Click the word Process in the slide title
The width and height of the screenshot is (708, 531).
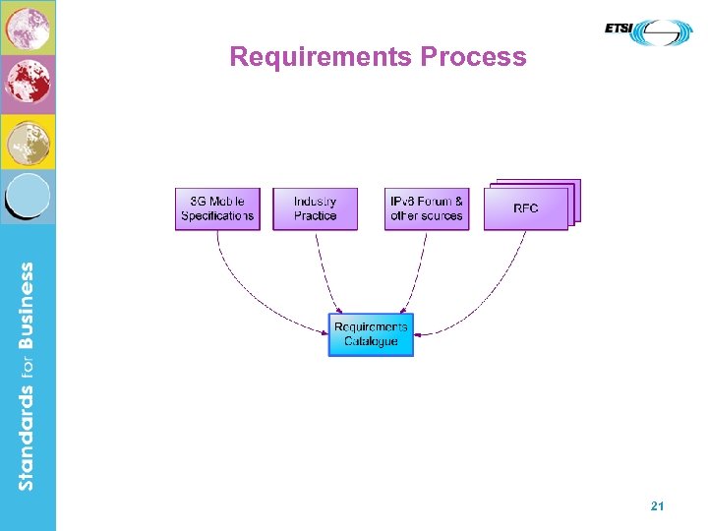click(474, 57)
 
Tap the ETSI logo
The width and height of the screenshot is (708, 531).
click(648, 32)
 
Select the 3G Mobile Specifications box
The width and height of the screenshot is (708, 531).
click(217, 208)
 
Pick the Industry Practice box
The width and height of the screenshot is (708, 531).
click(315, 208)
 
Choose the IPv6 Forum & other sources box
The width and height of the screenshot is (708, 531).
click(426, 208)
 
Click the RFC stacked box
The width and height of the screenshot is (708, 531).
click(526, 207)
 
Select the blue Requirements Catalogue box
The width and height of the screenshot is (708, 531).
click(371, 334)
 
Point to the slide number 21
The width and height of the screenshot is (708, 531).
click(658, 505)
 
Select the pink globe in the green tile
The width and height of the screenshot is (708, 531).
click(28, 27)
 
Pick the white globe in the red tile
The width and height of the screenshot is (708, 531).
click(28, 85)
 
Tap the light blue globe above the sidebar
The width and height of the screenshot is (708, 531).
click(29, 197)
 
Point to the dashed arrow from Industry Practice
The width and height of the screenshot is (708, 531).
click(326, 275)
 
